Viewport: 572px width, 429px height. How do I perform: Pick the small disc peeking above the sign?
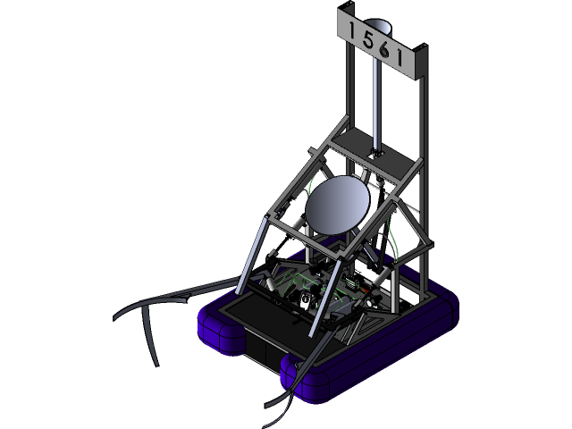[379, 24]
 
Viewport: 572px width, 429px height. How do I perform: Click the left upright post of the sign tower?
[345, 80]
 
